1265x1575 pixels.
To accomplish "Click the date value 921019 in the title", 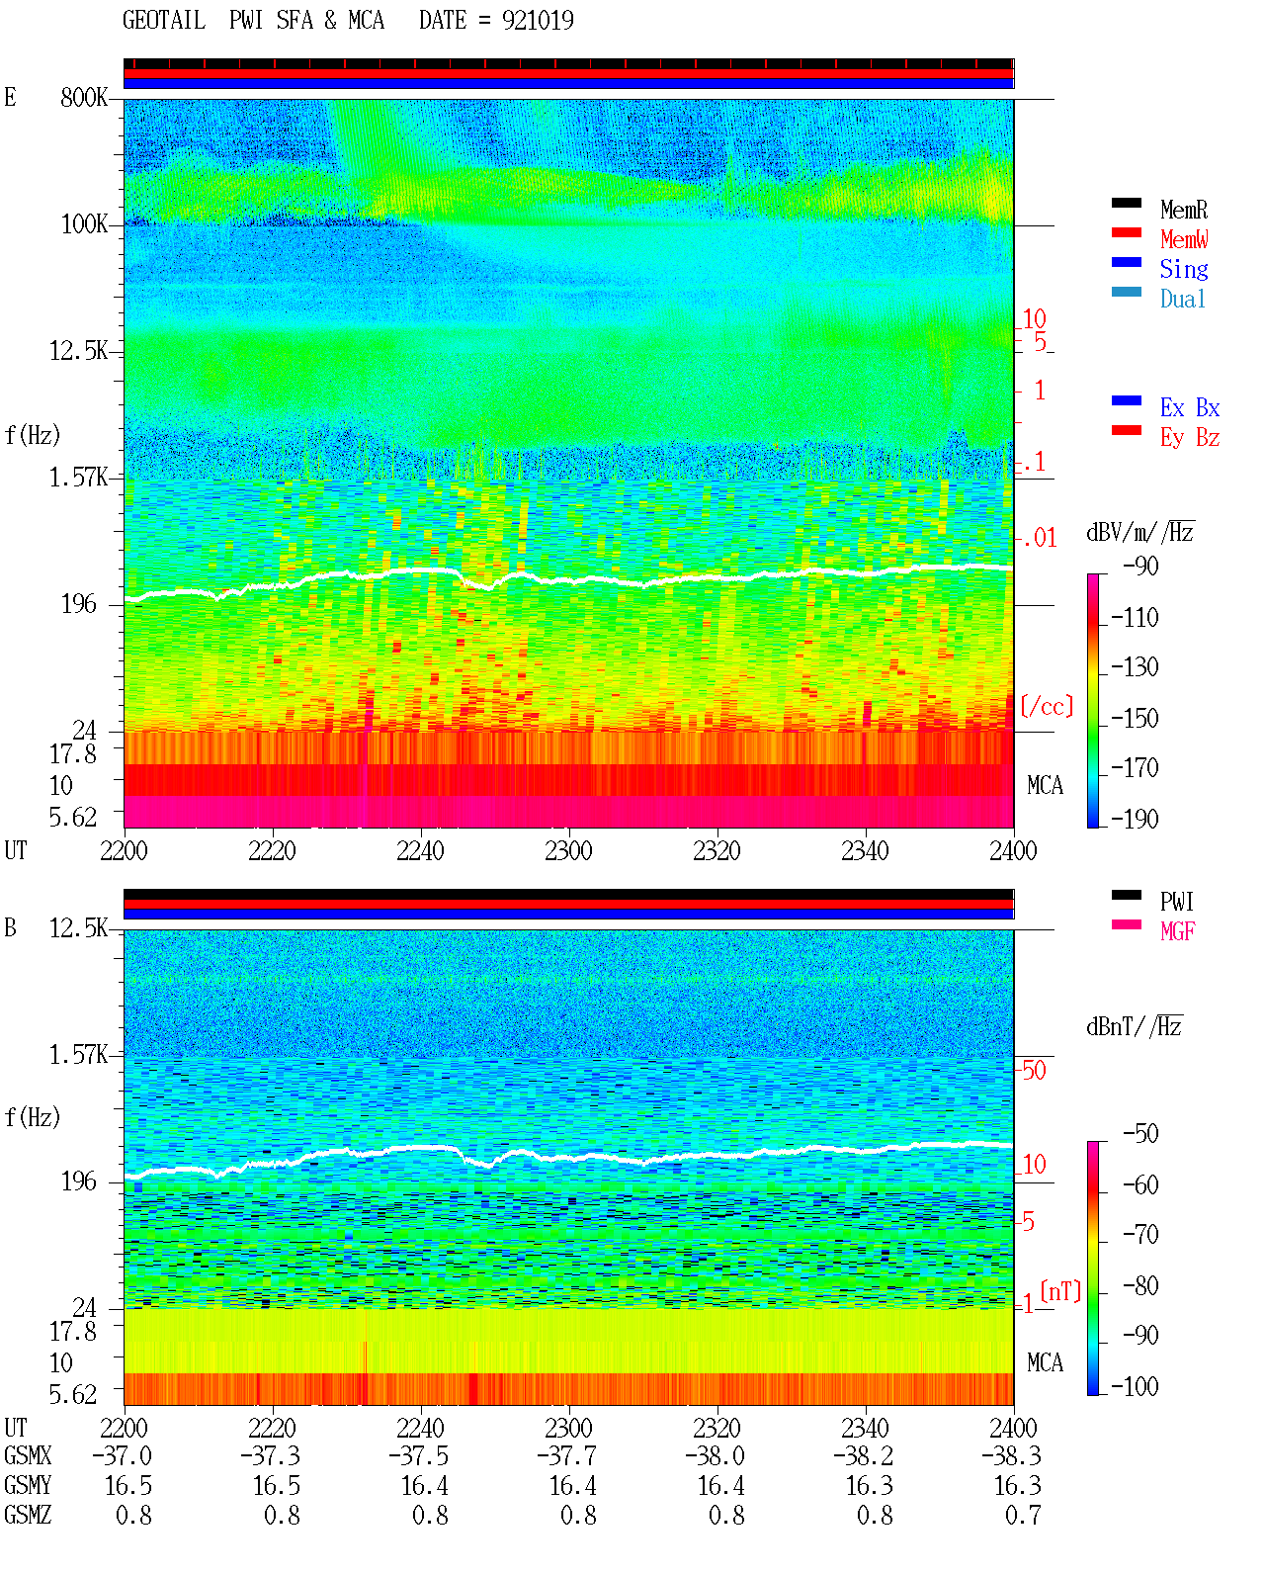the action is [538, 21].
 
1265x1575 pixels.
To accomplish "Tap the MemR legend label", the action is [1184, 210].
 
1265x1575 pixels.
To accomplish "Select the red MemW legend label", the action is [1184, 239].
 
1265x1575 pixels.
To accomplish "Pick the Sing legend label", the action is [1184, 269].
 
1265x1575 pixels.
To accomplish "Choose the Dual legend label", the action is [1183, 299].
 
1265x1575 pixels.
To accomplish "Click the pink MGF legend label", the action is [1177, 931].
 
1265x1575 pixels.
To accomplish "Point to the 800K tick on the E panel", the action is [84, 97].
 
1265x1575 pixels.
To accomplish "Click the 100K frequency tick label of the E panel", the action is [84, 224].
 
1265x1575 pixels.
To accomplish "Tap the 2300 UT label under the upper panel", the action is [568, 850].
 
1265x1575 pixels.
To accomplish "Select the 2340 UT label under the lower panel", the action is [865, 1428].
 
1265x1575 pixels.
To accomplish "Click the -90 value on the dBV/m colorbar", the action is [1140, 567].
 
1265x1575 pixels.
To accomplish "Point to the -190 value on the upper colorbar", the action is [1135, 819].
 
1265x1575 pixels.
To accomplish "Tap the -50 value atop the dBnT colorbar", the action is [1140, 1134].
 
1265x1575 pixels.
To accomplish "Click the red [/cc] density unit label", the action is [1047, 706].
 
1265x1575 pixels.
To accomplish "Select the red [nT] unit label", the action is [1060, 1291].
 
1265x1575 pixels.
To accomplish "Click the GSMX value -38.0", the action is [715, 1455].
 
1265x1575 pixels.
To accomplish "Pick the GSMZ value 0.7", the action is [1023, 1515].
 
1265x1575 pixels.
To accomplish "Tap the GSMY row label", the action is [28, 1486].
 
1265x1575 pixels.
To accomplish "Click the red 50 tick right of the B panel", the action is [1034, 1071].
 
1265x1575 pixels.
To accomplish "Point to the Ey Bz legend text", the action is [1190, 438].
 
